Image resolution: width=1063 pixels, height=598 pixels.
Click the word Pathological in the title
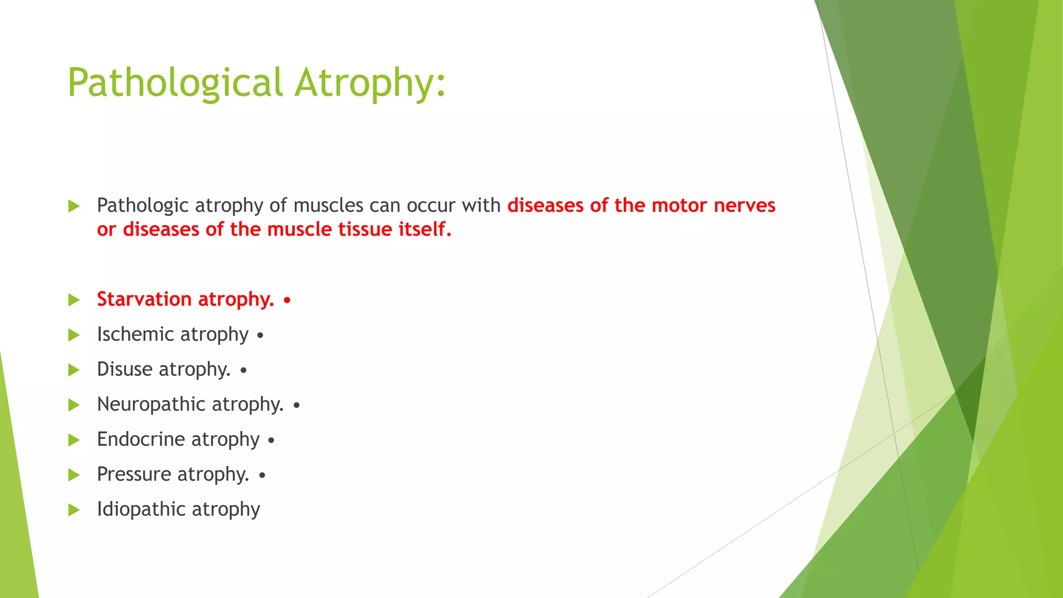[x=175, y=83]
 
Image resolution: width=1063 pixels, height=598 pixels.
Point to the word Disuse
[x=125, y=369]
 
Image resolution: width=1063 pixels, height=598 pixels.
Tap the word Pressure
[x=134, y=474]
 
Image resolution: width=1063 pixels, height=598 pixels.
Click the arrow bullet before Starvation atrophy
[x=74, y=300]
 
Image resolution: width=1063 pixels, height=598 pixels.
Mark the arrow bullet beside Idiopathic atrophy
[x=74, y=510]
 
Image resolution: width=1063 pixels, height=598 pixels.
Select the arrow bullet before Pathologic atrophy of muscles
[x=74, y=206]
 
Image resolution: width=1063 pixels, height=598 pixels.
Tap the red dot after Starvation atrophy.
[x=287, y=301]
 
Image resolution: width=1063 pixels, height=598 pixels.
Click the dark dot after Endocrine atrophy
[x=271, y=441]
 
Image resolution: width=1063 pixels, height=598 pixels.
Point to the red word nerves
[x=744, y=206]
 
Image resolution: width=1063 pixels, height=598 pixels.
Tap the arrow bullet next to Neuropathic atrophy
[x=74, y=405]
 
